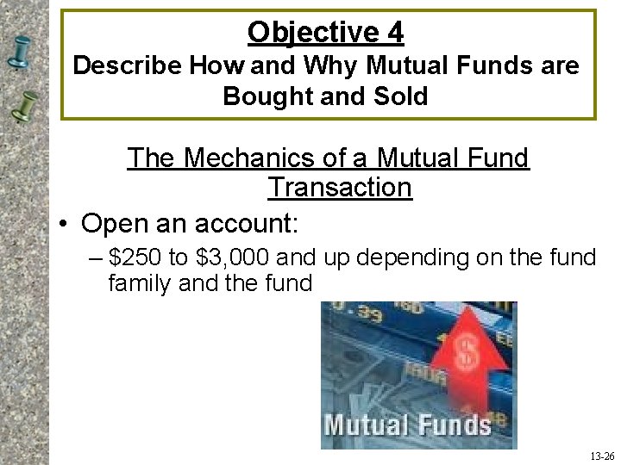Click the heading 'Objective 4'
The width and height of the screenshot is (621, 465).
(325, 33)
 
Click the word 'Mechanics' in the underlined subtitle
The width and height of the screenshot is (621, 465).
(252, 158)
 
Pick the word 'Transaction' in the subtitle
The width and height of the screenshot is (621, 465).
(340, 187)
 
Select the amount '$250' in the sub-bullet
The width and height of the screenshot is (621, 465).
(141, 257)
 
